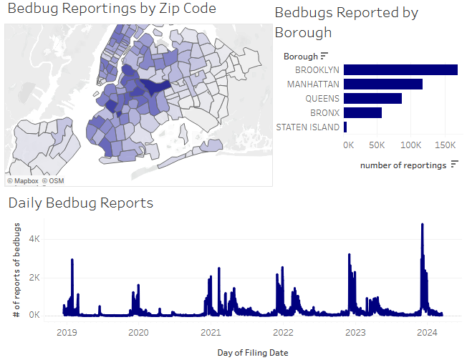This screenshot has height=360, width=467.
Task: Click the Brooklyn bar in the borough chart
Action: (400, 70)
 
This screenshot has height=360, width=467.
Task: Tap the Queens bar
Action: (372, 99)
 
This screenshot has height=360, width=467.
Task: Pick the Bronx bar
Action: (362, 113)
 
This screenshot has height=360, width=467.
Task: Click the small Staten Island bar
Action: (345, 127)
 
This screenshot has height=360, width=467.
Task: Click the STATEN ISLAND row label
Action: (308, 127)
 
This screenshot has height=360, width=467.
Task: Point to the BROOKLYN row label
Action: (317, 70)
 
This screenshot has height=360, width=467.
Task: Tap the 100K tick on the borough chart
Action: (410, 145)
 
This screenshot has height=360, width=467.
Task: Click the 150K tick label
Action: (444, 145)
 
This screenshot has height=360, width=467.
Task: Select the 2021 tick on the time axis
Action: (211, 332)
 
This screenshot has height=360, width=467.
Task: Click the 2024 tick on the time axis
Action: (427, 332)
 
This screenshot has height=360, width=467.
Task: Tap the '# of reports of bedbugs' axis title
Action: (16, 271)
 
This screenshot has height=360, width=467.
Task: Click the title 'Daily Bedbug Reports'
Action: (81, 203)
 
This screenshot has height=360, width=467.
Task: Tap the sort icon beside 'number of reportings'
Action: (454, 165)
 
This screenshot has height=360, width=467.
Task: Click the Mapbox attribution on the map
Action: (22, 181)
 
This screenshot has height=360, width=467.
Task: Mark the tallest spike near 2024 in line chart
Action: (422, 225)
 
